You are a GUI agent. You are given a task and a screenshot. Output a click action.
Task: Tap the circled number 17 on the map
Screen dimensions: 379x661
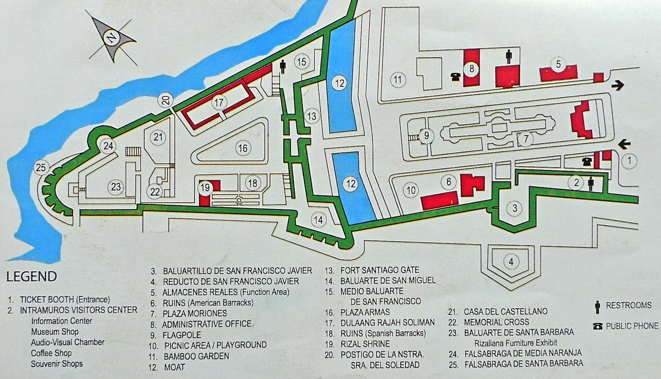[219, 102]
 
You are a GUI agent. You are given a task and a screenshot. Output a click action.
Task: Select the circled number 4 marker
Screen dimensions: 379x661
[511, 262]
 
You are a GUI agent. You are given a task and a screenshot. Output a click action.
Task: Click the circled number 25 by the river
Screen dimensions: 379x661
[42, 168]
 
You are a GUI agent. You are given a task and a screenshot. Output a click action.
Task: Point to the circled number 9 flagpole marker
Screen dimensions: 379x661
[427, 135]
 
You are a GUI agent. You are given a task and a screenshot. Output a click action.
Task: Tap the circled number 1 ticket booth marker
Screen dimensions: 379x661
[629, 161]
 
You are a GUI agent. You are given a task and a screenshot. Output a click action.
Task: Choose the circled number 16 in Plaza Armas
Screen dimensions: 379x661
[243, 148]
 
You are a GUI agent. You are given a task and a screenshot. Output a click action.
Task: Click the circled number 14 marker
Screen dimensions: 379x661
[319, 219]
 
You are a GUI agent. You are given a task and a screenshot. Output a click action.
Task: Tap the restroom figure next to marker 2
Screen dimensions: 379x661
[591, 183]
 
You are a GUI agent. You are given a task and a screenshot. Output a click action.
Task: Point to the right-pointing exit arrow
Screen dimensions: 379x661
[617, 86]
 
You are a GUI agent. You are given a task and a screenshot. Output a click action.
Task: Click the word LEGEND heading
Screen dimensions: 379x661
[32, 276]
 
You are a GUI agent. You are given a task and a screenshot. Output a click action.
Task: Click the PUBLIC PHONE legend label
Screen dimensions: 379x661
[632, 326]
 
